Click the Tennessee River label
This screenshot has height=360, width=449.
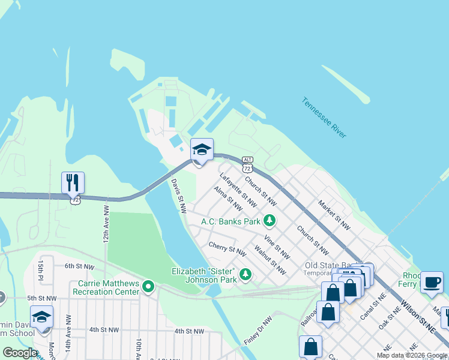pos(324,118)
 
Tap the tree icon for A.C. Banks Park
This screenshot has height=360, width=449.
pos(270,221)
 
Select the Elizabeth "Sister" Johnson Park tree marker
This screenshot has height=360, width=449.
pos(245,274)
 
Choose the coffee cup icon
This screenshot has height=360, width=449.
pos(431,282)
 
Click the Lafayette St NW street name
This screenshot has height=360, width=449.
pos(238,187)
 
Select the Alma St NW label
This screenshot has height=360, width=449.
pos(228,199)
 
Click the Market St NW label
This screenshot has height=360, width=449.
pos(334,215)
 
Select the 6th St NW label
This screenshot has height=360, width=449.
pos(80,266)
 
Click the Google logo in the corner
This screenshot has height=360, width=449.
pos(20,353)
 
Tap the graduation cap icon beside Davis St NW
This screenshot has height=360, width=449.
pos(202,150)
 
